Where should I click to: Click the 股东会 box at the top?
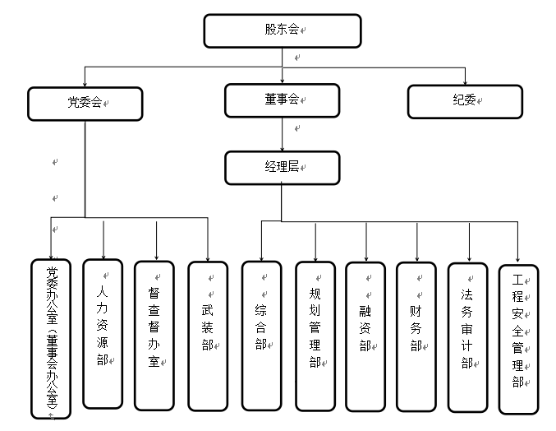coord(282,30)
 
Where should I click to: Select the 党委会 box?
coord(85,104)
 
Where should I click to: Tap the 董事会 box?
coord(282,100)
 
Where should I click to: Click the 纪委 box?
coord(465,100)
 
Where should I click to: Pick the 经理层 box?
coord(282,167)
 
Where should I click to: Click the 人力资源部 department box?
coord(103,334)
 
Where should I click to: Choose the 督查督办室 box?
coord(154,336)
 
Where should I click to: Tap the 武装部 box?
coord(207,336)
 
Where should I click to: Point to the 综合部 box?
coord(261,336)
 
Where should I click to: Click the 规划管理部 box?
coord(315,336)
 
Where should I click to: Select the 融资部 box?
coord(365,336)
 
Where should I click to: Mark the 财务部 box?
coord(416,336)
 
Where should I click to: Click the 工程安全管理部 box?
coord(518,338)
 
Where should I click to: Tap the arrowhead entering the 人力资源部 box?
coord(103,254)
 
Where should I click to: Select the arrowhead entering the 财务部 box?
coord(417,256)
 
